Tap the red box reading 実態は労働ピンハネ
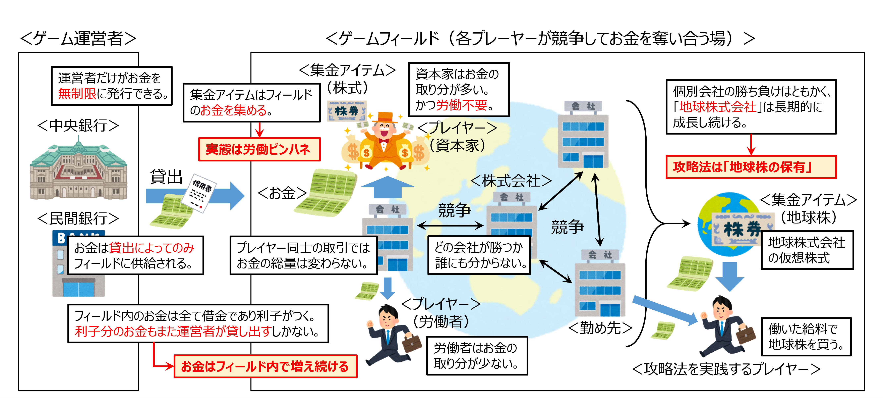pyautogui.click(x=259, y=149)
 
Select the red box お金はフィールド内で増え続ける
pyautogui.click(x=265, y=366)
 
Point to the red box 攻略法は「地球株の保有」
pyautogui.click(x=751, y=167)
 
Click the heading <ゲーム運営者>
pyautogui.click(x=78, y=38)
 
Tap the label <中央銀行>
pyautogui.click(x=78, y=126)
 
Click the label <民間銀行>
pyautogui.click(x=78, y=218)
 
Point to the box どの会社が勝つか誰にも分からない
pyautogui.click(x=479, y=255)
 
